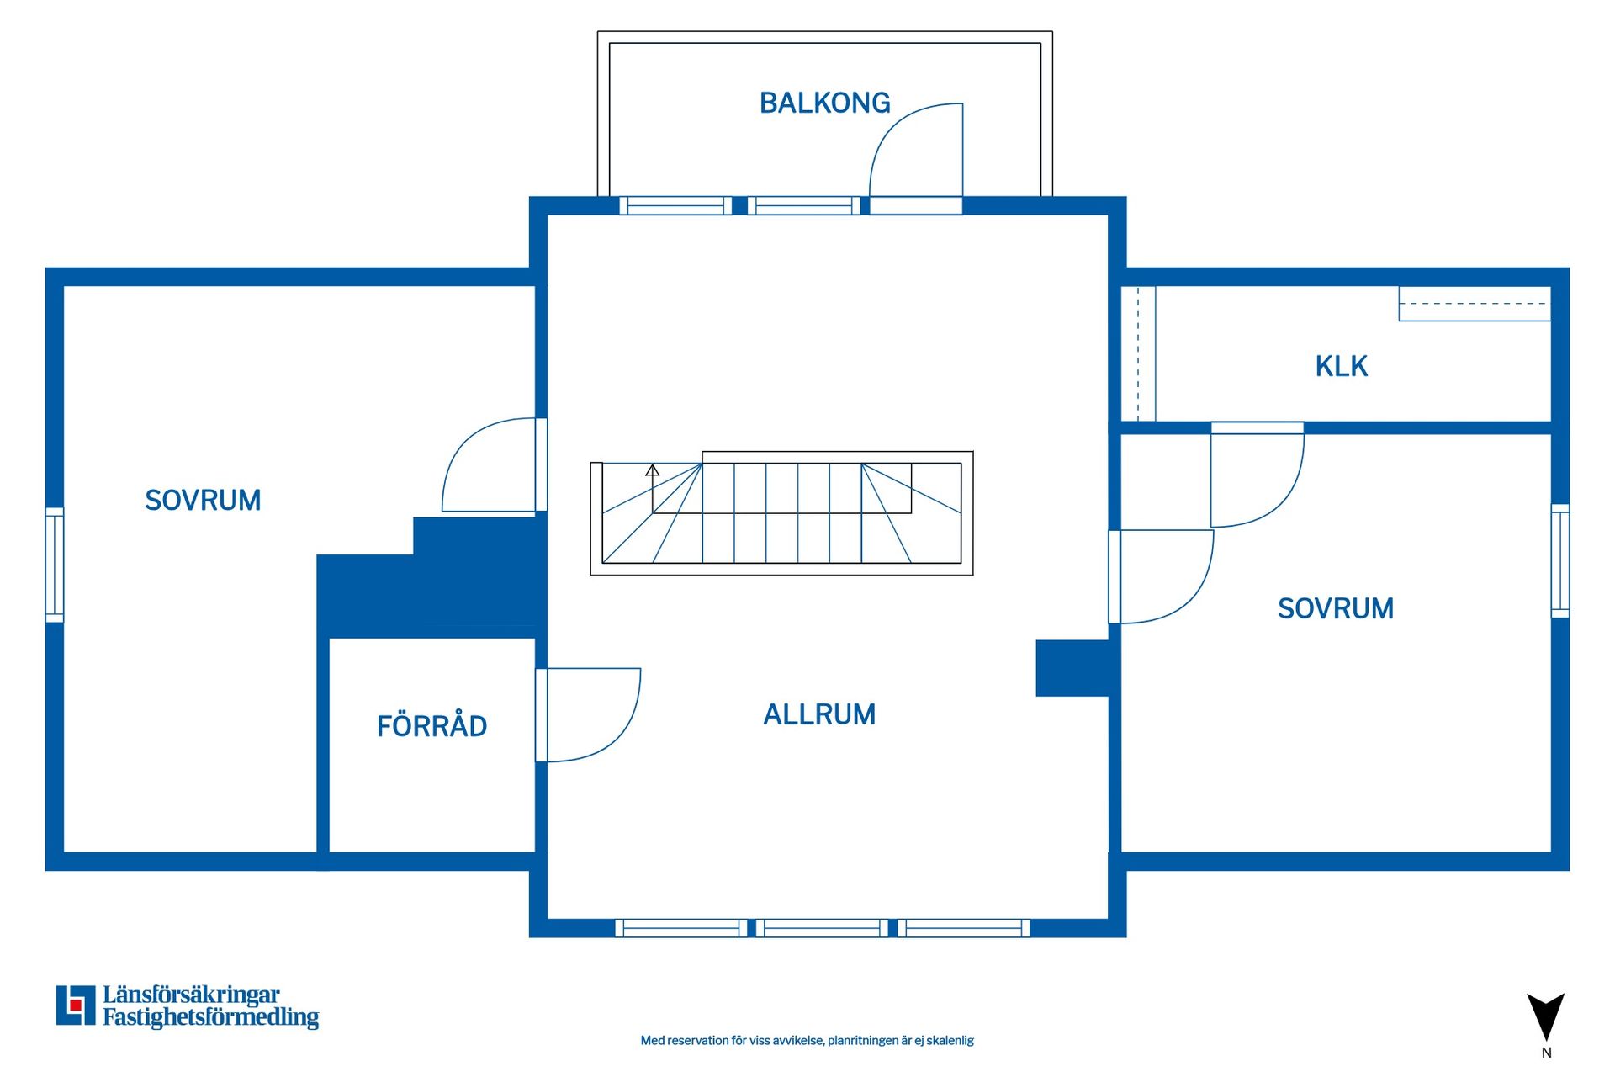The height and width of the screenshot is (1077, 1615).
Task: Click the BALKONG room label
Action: (x=824, y=103)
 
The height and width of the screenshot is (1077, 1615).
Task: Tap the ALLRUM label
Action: (x=819, y=714)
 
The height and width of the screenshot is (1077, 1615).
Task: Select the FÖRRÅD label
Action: (x=432, y=726)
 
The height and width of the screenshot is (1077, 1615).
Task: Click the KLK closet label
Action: (x=1341, y=366)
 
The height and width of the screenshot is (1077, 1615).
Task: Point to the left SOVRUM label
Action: (x=203, y=501)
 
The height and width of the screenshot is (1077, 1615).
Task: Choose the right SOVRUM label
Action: (x=1335, y=608)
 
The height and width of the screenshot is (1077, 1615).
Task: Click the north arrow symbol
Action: (x=1545, y=1018)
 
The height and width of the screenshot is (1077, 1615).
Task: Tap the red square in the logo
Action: (x=76, y=1005)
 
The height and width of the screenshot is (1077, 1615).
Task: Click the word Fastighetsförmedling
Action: (x=210, y=1017)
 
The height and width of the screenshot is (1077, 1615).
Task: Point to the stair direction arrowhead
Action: (x=652, y=470)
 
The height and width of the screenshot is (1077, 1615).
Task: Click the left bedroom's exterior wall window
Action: (x=55, y=565)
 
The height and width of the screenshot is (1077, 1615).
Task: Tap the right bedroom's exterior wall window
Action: (x=1559, y=560)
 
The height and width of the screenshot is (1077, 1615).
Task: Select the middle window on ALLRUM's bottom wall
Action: (x=822, y=928)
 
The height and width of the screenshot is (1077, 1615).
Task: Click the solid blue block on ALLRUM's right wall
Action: (x=1072, y=668)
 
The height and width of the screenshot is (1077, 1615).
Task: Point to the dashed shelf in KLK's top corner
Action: (x=1474, y=304)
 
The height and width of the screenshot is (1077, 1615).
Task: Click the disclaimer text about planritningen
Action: (x=807, y=1041)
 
